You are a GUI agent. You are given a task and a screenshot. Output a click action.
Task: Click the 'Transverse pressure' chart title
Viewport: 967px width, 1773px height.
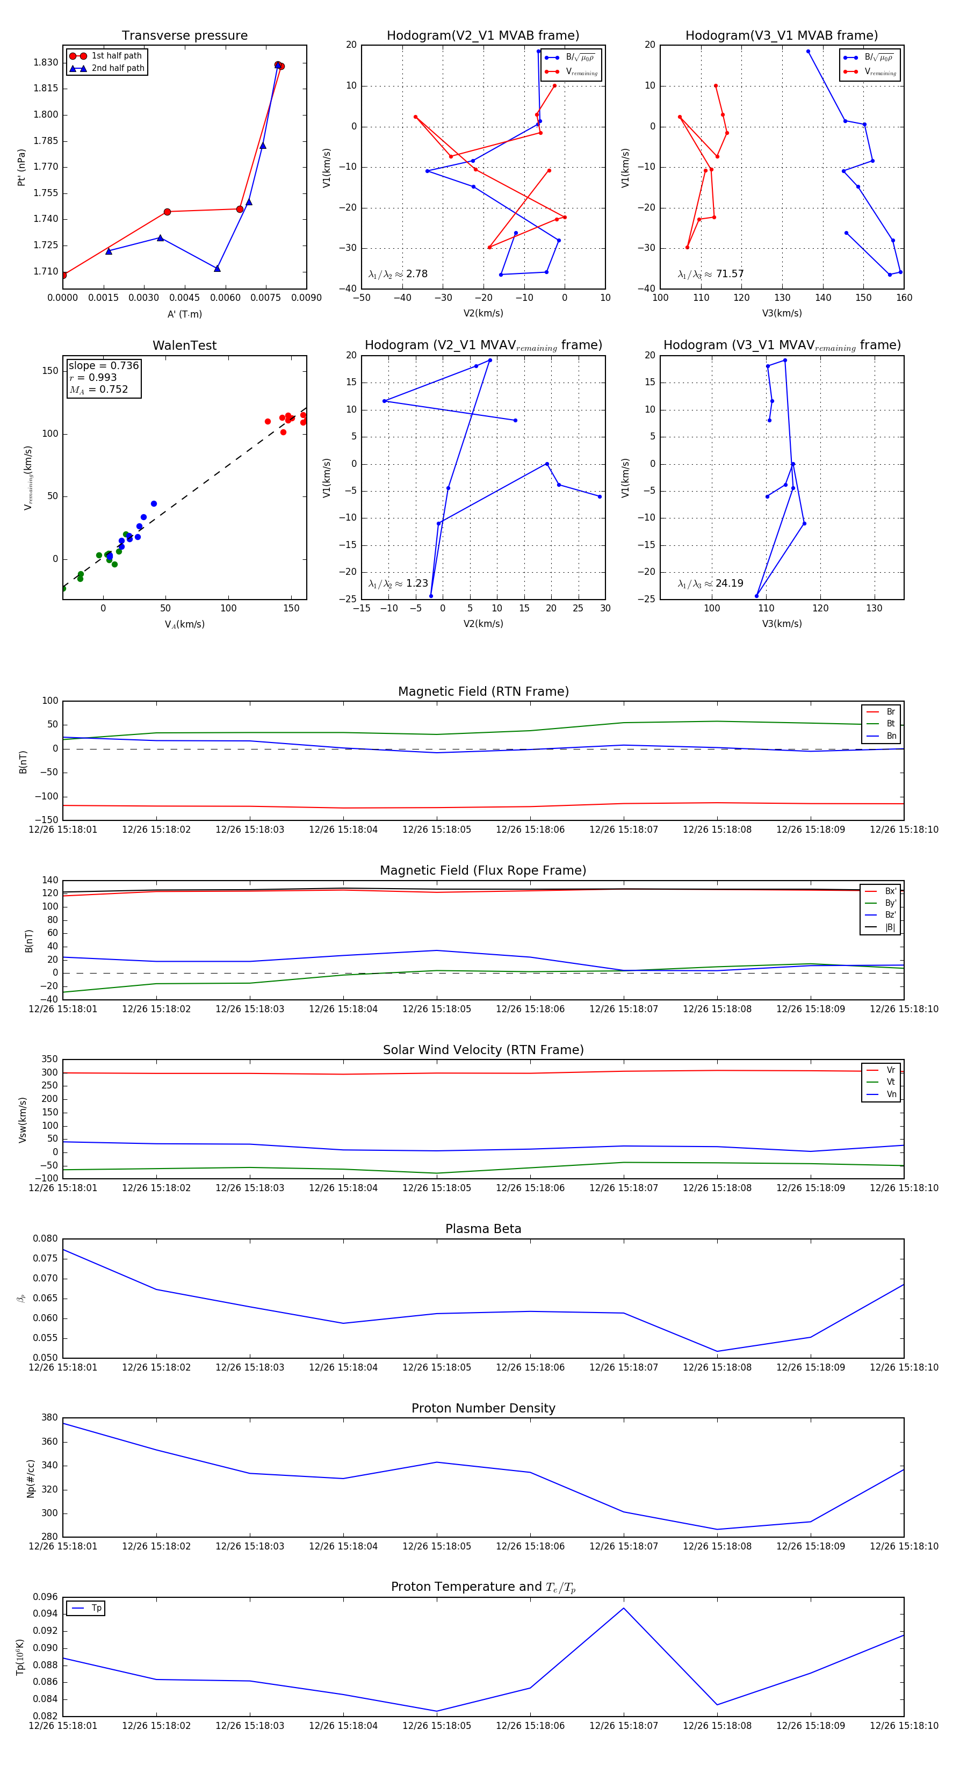pyautogui.click(x=184, y=36)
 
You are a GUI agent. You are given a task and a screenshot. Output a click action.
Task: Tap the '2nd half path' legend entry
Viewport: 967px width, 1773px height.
pyautogui.click(x=118, y=68)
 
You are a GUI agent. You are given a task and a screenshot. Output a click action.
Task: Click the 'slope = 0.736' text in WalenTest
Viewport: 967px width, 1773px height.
pyautogui.click(x=103, y=365)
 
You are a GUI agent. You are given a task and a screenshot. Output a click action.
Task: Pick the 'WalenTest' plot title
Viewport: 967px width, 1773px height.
pyautogui.click(x=184, y=345)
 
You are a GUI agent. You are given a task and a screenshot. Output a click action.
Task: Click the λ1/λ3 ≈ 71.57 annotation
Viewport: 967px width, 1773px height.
pyautogui.click(x=710, y=274)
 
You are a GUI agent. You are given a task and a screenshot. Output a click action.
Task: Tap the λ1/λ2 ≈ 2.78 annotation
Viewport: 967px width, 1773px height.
pyautogui.click(x=398, y=274)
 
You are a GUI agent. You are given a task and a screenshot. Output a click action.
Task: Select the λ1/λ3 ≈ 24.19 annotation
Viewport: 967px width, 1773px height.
pyautogui.click(x=710, y=583)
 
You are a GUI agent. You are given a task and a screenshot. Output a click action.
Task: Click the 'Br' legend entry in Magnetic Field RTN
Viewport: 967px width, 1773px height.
pyautogui.click(x=890, y=712)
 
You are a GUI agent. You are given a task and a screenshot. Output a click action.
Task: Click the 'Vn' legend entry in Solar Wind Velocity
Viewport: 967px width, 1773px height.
pyautogui.click(x=891, y=1094)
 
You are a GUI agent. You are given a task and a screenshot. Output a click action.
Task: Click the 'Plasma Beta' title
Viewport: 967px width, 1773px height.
pyautogui.click(x=483, y=1229)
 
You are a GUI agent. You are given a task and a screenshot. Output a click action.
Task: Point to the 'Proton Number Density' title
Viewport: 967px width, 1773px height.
pyautogui.click(x=483, y=1408)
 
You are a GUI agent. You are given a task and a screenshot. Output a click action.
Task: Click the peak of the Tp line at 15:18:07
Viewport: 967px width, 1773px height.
pyautogui.click(x=624, y=1608)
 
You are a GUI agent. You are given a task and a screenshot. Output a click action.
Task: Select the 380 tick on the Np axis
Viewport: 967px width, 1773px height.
pyautogui.click(x=49, y=1418)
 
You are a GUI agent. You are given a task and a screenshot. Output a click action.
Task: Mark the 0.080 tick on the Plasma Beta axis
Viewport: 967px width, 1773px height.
pyautogui.click(x=46, y=1239)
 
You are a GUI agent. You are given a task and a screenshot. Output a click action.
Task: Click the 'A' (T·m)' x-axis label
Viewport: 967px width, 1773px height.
pyautogui.click(x=184, y=314)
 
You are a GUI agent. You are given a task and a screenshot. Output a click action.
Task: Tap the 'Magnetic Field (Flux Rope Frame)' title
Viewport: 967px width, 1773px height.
pyautogui.click(x=483, y=871)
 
